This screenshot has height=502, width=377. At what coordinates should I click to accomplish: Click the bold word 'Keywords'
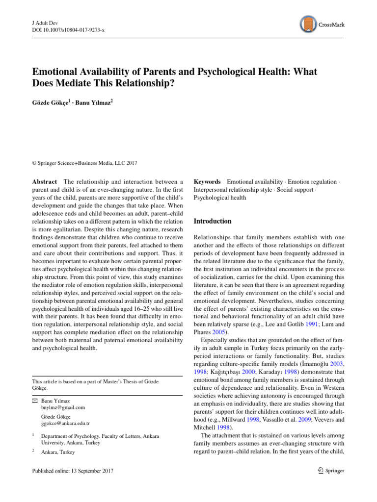(x=207, y=182)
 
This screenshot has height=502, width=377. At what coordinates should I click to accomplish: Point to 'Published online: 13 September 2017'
(x=72, y=471)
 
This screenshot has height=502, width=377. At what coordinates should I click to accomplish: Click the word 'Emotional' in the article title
(x=55, y=72)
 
